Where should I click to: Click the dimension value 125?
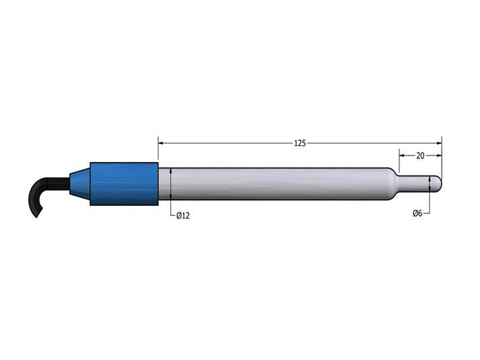[300, 143]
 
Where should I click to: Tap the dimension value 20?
[420, 155]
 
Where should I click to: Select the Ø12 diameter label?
[183, 215]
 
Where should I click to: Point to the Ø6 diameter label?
[417, 213]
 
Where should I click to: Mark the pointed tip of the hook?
[36, 217]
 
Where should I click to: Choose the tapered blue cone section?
[79, 183]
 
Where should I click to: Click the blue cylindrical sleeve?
[124, 183]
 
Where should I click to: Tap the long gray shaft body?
[276, 184]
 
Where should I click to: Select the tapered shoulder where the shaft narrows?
[393, 183]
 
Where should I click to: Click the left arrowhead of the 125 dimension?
[161, 143]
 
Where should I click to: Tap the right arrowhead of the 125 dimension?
[439, 143]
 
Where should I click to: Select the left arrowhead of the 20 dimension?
[403, 155]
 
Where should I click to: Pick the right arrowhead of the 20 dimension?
[439, 155]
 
